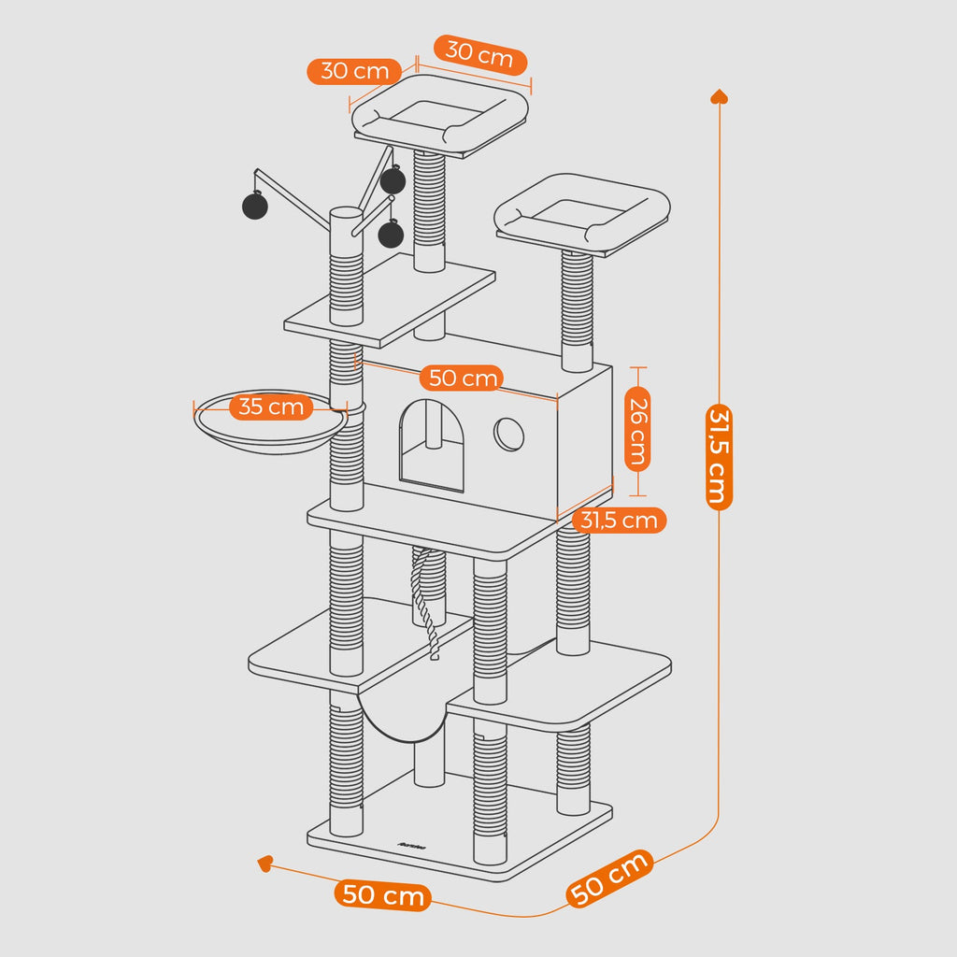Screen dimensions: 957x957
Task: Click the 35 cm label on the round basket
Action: point(271,407)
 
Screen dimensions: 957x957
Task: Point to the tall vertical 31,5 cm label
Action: point(718,455)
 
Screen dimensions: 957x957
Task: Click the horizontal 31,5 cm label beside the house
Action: point(620,520)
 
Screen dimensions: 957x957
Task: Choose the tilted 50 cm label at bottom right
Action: point(610,878)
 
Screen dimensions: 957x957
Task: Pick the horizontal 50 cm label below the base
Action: point(383,894)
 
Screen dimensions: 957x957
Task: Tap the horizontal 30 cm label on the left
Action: point(354,71)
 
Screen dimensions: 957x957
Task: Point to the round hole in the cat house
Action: point(508,433)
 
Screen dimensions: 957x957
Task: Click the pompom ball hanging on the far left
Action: point(254,206)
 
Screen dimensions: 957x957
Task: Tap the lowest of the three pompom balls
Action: point(391,234)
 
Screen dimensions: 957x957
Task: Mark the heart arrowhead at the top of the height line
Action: point(719,96)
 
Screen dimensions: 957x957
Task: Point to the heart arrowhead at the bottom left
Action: point(265,864)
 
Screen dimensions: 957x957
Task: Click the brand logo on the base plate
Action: point(411,846)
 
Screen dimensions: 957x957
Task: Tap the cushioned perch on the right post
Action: point(582,214)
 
